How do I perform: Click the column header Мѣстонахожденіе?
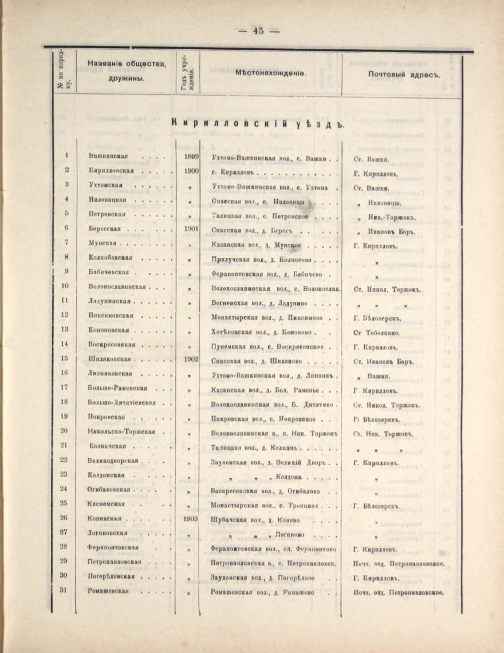tap(271, 74)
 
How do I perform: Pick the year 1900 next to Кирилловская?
tap(192, 171)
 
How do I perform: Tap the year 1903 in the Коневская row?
tap(192, 519)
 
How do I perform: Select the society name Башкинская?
tap(108, 156)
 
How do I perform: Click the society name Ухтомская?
tap(107, 186)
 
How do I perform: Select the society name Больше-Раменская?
tap(118, 390)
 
